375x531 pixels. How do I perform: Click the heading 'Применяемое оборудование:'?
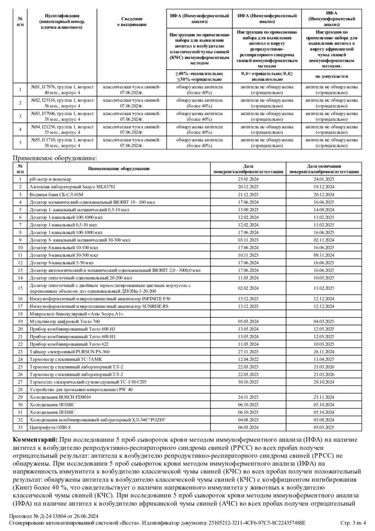coord(54,159)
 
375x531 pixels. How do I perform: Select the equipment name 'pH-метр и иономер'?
coord(50,179)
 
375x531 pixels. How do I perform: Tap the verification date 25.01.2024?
coord(248,179)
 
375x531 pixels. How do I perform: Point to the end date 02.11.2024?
coord(324,240)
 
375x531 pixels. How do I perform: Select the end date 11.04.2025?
coord(324,359)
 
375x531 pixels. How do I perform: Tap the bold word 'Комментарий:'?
coord(35,440)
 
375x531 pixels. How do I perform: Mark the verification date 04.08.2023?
coord(248,420)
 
